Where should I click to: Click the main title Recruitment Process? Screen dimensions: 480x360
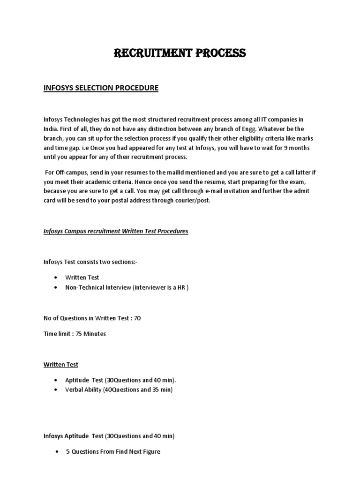[x=180, y=53]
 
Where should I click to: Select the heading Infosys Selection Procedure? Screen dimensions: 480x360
[x=101, y=88]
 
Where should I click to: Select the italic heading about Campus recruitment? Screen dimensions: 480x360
[x=116, y=231]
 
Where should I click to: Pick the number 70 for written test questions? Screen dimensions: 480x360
[x=137, y=318]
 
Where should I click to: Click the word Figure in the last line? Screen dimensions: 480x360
[x=150, y=452]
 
